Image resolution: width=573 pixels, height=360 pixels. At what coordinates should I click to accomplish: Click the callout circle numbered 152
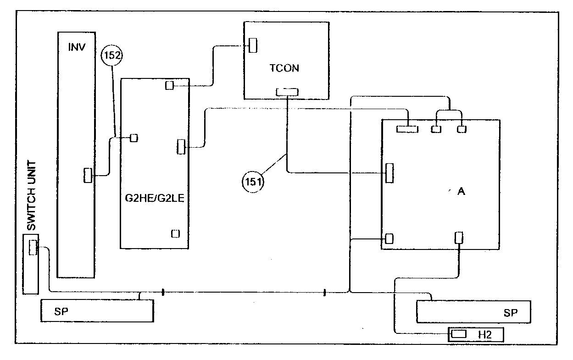pos(112,55)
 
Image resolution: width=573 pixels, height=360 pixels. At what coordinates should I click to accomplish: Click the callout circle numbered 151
pos(253,182)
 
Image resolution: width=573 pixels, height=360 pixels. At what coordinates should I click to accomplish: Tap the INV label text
pos(77,47)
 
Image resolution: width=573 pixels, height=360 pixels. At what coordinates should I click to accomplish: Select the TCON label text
pos(284,68)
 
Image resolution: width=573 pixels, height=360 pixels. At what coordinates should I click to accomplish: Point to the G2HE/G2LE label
pos(155,198)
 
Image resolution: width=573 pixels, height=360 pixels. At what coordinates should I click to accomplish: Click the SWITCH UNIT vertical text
pos(32,195)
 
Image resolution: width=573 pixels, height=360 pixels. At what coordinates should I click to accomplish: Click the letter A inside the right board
pos(461,191)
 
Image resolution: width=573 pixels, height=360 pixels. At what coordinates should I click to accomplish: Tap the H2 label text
pos(485,335)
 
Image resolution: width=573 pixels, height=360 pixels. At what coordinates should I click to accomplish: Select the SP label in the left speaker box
pos(61,311)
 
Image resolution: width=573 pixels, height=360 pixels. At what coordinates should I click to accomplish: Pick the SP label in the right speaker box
pos(511,313)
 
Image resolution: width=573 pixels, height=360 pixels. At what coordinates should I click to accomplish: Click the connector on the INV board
pos(88,175)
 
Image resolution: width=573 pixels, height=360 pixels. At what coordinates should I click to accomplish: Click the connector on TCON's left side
pos(253,45)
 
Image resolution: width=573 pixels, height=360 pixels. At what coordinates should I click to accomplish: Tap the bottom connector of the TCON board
pos(287,92)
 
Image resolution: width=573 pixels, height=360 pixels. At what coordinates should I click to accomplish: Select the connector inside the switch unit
pos(33,247)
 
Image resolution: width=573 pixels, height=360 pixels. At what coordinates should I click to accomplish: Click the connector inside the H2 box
pos(458,334)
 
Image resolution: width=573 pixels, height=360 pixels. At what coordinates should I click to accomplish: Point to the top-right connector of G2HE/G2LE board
pos(169,85)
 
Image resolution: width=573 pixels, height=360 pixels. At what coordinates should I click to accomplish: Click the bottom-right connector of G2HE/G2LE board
pos(176,234)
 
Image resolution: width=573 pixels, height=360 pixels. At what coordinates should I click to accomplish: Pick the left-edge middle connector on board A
pos(389,173)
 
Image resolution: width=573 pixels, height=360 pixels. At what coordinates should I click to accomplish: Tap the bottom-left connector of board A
pos(389,238)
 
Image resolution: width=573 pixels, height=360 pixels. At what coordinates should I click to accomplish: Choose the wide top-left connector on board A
pos(407,129)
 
